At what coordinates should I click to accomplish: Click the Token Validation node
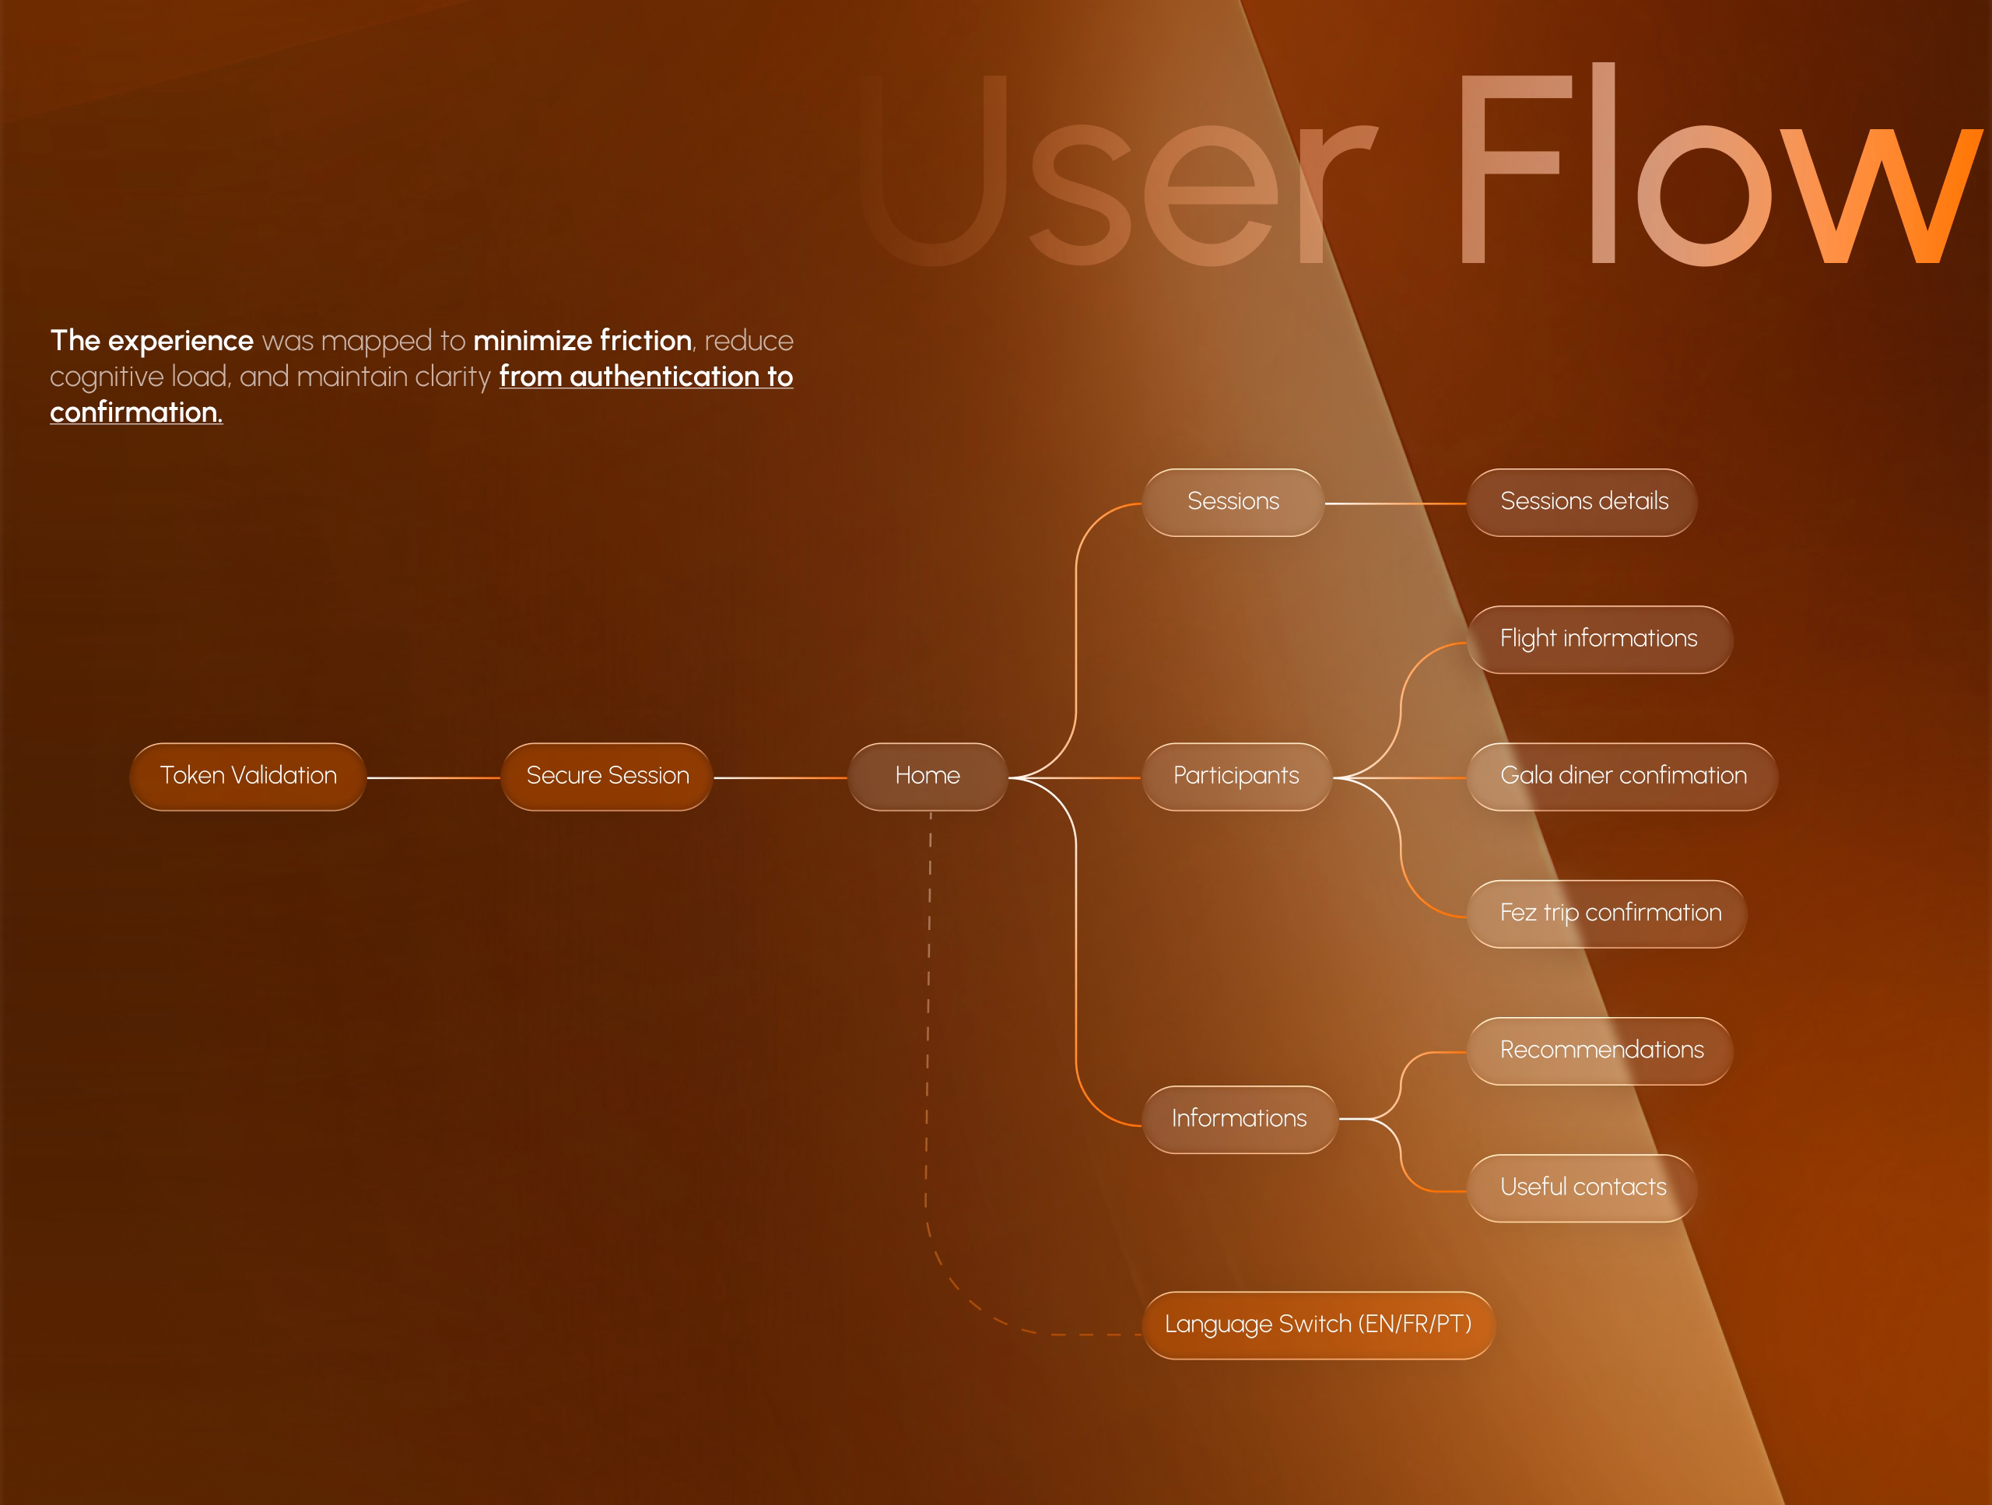[x=247, y=777]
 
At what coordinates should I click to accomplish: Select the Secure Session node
[x=607, y=777]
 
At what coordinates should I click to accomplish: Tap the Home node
[x=928, y=777]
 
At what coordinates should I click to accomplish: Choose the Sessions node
[x=1233, y=503]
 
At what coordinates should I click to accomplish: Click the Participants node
[x=1236, y=777]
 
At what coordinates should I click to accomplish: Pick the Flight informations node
[x=1598, y=640]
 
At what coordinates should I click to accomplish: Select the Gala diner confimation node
[x=1622, y=777]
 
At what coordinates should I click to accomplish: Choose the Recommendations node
[x=1601, y=1051]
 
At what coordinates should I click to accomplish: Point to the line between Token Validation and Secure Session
[x=433, y=777]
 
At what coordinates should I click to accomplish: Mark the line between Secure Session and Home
[x=780, y=777]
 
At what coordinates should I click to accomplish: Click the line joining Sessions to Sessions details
[x=1396, y=503]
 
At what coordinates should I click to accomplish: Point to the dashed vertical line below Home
[x=928, y=991]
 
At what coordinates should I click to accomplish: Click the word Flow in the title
[x=1711, y=171]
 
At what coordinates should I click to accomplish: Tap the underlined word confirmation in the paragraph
[x=135, y=412]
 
